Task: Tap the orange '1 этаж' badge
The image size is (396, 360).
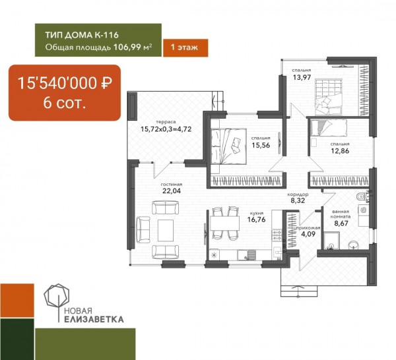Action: click(185, 47)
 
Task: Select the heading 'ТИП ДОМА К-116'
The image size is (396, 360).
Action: click(82, 35)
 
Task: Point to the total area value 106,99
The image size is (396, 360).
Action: click(127, 47)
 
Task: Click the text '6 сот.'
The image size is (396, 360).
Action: click(65, 103)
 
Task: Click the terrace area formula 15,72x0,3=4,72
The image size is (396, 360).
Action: click(166, 129)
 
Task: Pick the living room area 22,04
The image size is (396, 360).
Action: click(172, 191)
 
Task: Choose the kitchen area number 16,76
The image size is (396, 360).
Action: click(256, 220)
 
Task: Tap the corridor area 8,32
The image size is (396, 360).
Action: click(298, 200)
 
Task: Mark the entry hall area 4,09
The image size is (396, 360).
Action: click(308, 234)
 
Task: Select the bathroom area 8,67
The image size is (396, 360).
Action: click(341, 224)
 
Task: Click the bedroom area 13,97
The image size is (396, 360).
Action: click(302, 77)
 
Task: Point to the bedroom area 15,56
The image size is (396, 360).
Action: click(261, 145)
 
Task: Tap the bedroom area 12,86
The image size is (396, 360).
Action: click(340, 151)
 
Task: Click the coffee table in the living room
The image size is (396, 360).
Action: click(166, 230)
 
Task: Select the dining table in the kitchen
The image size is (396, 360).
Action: click(224, 223)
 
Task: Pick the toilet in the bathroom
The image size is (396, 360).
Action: click(362, 197)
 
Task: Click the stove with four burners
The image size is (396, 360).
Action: click(277, 235)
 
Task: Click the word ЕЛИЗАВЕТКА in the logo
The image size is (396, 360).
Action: click(94, 319)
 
